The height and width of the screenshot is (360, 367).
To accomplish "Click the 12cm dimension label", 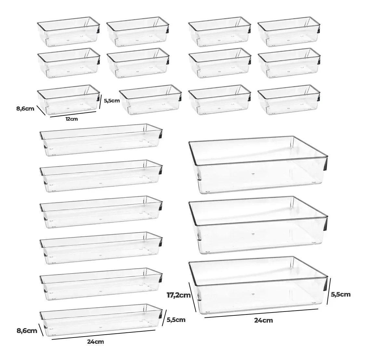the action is (x=72, y=119).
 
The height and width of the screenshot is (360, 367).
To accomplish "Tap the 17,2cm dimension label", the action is (x=178, y=295).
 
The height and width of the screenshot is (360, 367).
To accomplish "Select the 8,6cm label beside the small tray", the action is (x=25, y=108).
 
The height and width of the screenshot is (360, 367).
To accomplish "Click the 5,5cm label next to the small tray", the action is (x=112, y=101).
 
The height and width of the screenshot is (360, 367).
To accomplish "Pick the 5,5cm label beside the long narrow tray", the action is (x=176, y=320).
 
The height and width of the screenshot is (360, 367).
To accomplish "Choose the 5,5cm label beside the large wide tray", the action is (x=341, y=294).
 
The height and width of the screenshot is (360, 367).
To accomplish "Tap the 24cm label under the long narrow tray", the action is (x=96, y=341).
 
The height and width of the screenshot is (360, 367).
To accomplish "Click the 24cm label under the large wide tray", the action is (x=264, y=320).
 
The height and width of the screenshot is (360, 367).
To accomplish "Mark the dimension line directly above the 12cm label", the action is (x=73, y=114).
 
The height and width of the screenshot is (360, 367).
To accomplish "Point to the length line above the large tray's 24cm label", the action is (x=261, y=313).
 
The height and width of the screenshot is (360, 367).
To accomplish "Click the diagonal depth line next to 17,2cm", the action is (x=192, y=297).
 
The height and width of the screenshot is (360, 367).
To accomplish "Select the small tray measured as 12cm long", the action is (x=68, y=100).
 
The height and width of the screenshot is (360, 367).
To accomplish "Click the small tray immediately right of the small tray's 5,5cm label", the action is (x=150, y=100).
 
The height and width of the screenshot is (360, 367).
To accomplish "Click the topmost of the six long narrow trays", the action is (x=101, y=140).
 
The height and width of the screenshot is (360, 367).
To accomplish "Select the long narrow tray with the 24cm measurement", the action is (x=101, y=320).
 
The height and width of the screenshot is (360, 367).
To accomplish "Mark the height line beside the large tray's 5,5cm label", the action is (x=329, y=291).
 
